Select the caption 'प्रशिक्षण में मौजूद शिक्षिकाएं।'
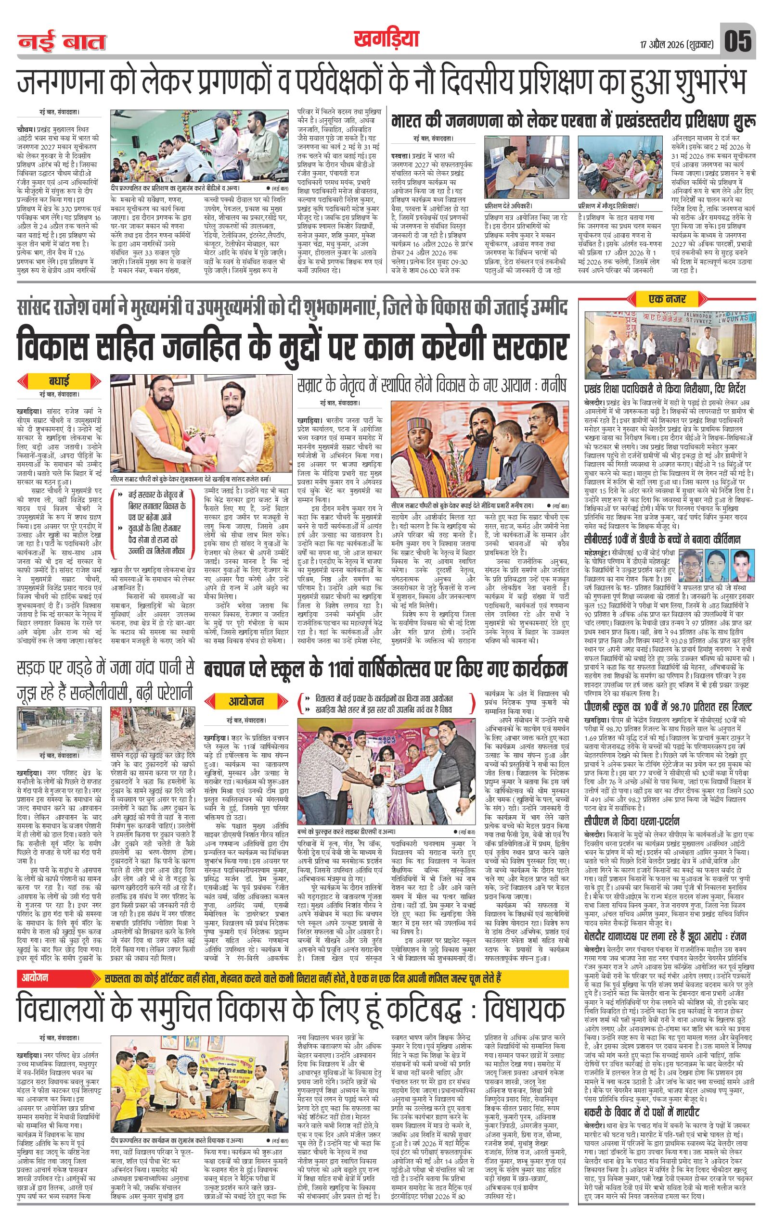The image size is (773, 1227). tap(609, 206)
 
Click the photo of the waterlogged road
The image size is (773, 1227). tap(61, 726)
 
